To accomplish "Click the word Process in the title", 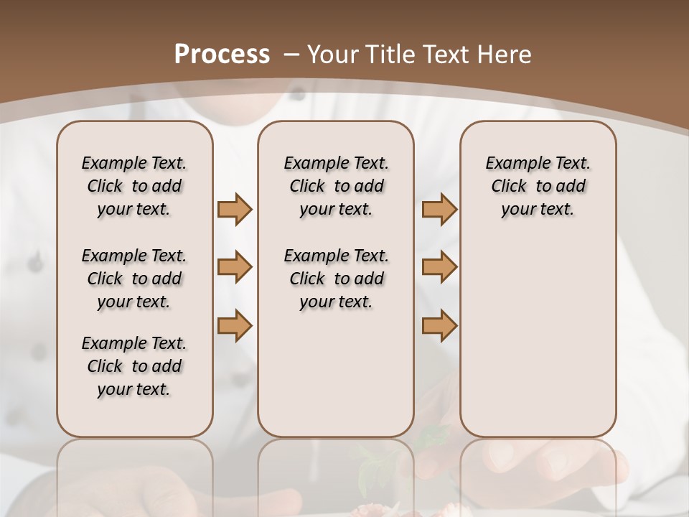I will [222, 55].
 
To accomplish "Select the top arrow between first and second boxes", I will [235, 209].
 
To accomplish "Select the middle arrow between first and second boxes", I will [235, 267].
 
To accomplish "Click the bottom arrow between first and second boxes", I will [235, 325].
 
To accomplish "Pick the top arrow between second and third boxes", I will [439, 209].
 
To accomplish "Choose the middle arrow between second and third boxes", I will [439, 267].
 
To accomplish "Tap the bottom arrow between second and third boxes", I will [439, 325].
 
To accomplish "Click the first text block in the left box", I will [134, 186].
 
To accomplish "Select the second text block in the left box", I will [134, 279].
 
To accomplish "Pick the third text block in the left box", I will [134, 366].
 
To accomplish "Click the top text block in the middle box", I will [336, 186].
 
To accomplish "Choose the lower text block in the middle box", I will [336, 279].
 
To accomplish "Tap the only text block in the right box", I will [538, 186].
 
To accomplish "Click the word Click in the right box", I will [509, 187].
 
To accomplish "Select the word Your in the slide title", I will [334, 55].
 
